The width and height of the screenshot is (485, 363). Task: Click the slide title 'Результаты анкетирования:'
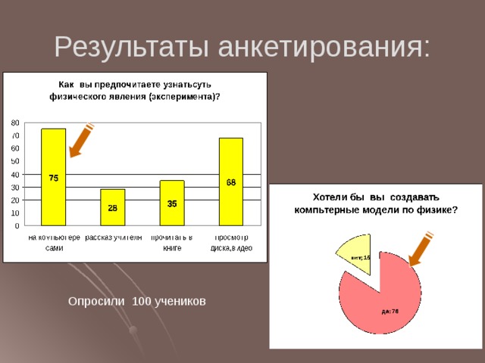coord(242,47)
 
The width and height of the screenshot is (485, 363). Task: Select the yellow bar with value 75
coord(54,177)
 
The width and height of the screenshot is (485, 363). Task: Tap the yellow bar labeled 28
coord(112,207)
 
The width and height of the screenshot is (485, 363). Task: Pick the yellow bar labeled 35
coord(172,203)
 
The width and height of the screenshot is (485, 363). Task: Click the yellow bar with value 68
coord(231,181)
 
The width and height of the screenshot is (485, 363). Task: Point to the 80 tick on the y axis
coord(15,123)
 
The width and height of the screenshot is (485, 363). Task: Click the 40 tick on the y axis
coord(15,175)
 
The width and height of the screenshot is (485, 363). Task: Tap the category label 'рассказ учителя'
coord(113,237)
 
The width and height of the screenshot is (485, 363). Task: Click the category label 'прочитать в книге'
coord(172,243)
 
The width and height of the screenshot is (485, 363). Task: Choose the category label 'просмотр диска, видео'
coord(231,243)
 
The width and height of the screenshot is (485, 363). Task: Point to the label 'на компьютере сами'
coord(54,243)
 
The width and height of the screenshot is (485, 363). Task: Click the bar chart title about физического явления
coord(135,90)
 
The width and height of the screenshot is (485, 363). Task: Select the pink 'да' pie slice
coord(386,302)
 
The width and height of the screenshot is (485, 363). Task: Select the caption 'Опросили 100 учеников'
coord(136,302)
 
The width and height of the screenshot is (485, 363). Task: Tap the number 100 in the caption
coord(142,302)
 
